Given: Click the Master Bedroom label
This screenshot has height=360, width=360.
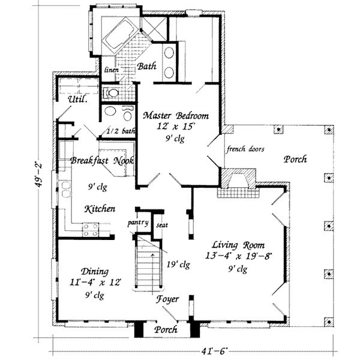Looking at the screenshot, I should tap(175, 115).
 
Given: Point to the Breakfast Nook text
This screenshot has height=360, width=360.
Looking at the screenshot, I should tap(101, 161).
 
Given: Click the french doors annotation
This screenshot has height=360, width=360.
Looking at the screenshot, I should tap(246, 149).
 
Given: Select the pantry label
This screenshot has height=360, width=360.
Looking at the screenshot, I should tap(137, 223).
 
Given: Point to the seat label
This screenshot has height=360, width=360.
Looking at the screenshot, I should tap(161, 225).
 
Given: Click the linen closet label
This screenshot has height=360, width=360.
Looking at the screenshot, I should tap(111, 70).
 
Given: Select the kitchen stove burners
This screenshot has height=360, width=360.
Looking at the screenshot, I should tap(90, 228).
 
